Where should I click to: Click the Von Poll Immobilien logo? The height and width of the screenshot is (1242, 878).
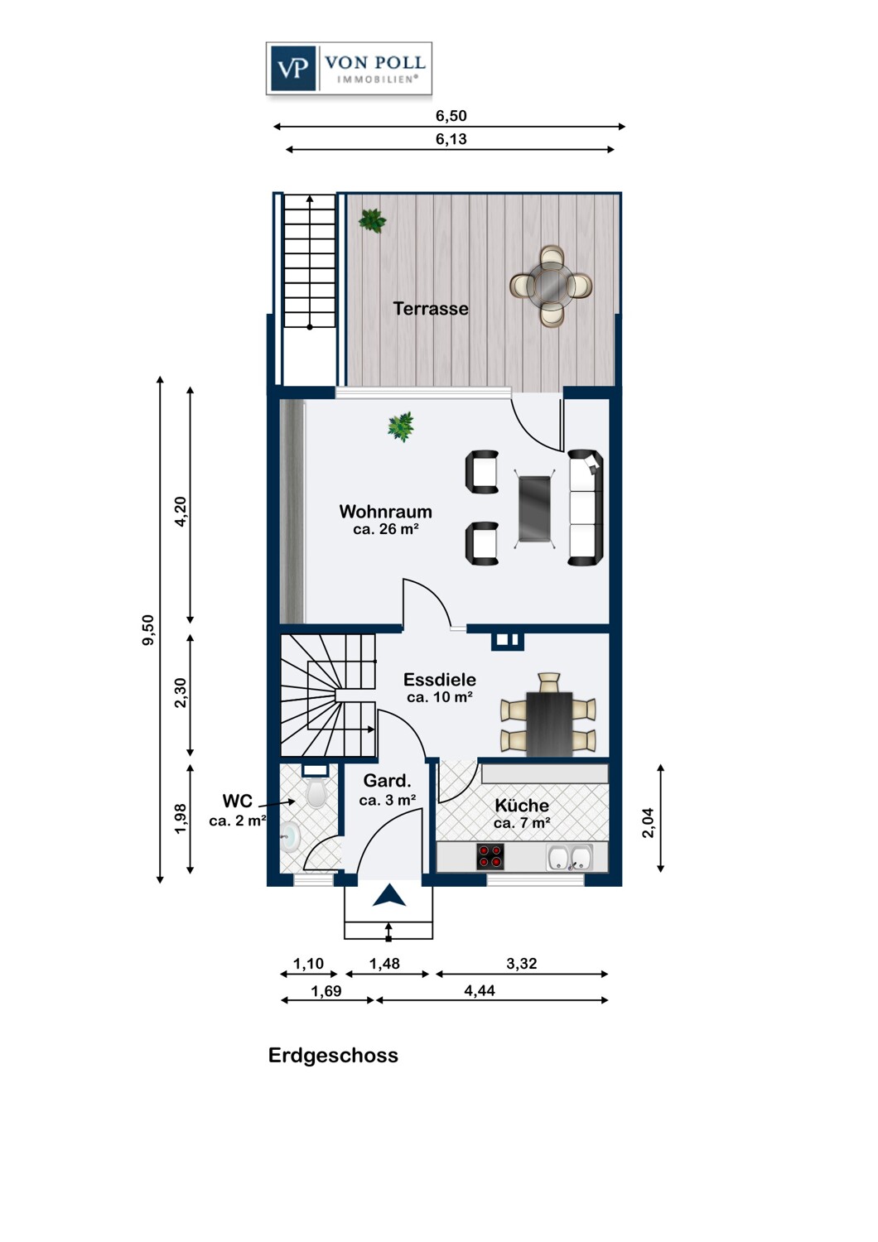click(x=349, y=68)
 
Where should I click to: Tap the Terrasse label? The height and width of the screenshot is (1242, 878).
click(x=431, y=308)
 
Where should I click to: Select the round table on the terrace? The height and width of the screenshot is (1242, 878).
click(x=551, y=286)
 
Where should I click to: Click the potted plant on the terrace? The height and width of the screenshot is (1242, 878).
click(x=372, y=221)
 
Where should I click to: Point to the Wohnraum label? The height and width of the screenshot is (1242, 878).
click(x=385, y=511)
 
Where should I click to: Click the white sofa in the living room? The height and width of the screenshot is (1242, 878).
click(x=586, y=508)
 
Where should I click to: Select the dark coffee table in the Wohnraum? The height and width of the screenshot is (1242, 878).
click(x=535, y=508)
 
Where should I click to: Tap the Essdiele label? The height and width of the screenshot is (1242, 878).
click(x=439, y=679)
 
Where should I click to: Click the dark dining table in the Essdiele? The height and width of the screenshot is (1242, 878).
click(x=549, y=724)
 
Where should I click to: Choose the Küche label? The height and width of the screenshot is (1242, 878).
click(x=522, y=805)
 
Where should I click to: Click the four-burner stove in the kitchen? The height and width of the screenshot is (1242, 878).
click(x=490, y=857)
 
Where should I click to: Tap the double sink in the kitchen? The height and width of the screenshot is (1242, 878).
click(x=570, y=857)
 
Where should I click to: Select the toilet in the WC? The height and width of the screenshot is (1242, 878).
click(x=316, y=793)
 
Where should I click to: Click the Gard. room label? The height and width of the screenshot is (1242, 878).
click(x=387, y=781)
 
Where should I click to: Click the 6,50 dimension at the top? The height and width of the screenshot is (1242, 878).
click(x=451, y=116)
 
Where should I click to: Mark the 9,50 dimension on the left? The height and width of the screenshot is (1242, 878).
click(x=148, y=630)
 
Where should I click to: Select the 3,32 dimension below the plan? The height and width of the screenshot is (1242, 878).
click(x=521, y=963)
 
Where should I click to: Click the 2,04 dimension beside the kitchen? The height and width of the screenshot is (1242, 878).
click(x=648, y=823)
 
